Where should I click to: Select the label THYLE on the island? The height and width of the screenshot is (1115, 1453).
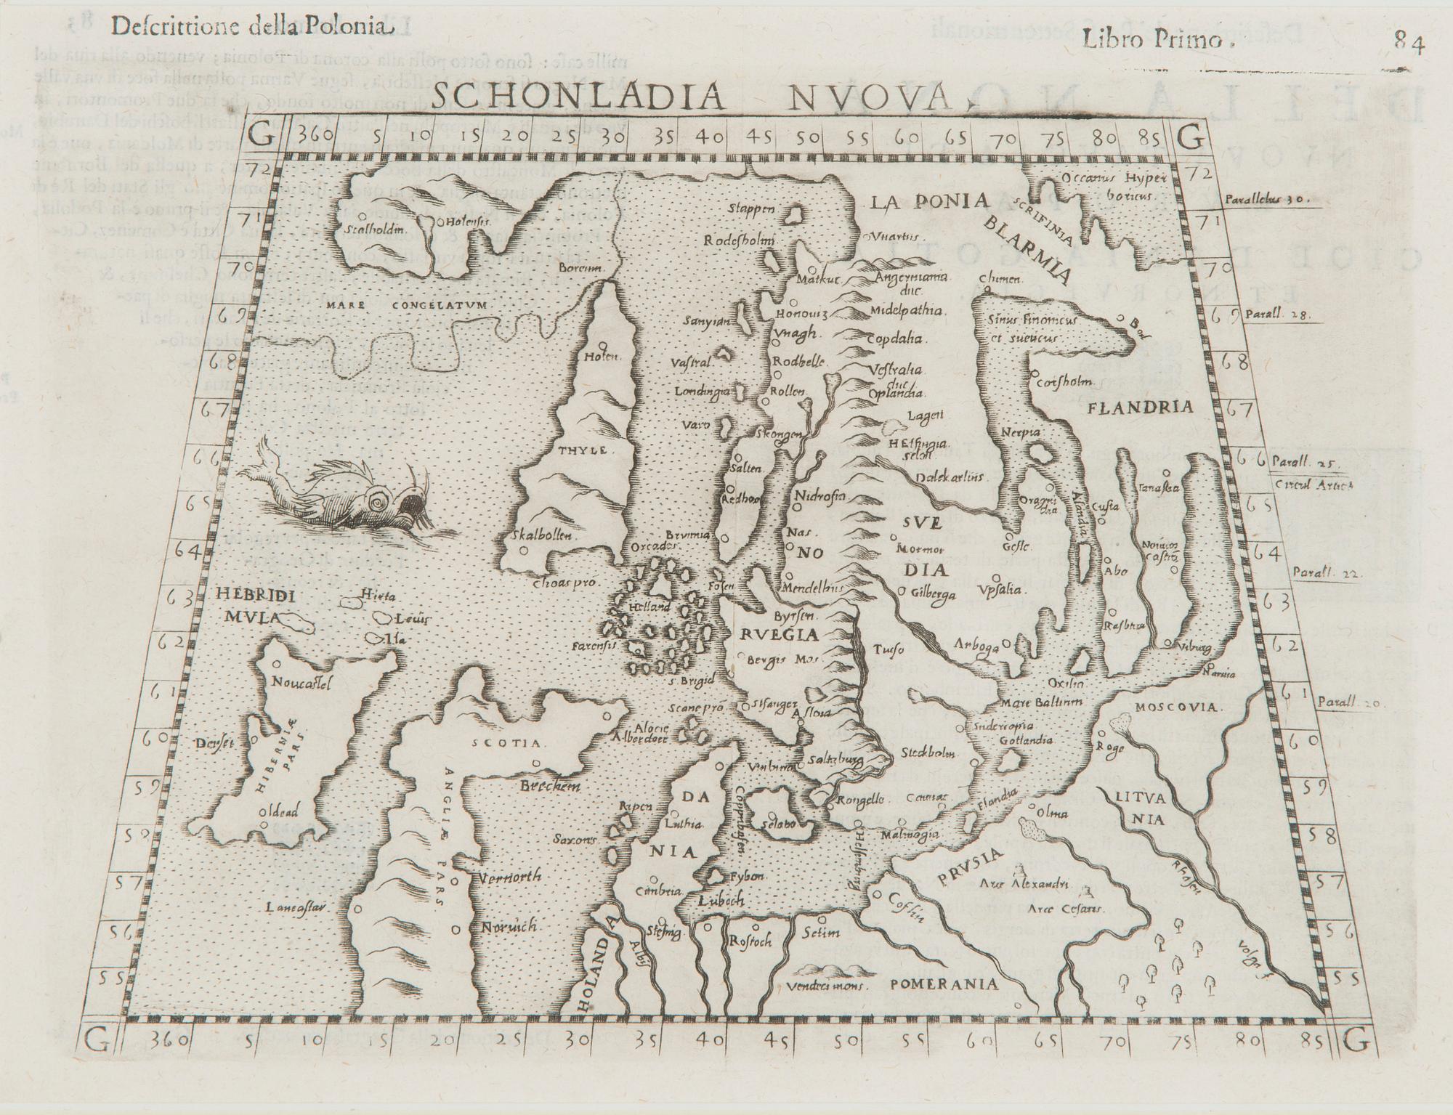582,450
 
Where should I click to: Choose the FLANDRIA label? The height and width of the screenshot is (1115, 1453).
1140,408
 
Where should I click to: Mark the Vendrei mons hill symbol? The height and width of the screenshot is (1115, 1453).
829,970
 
